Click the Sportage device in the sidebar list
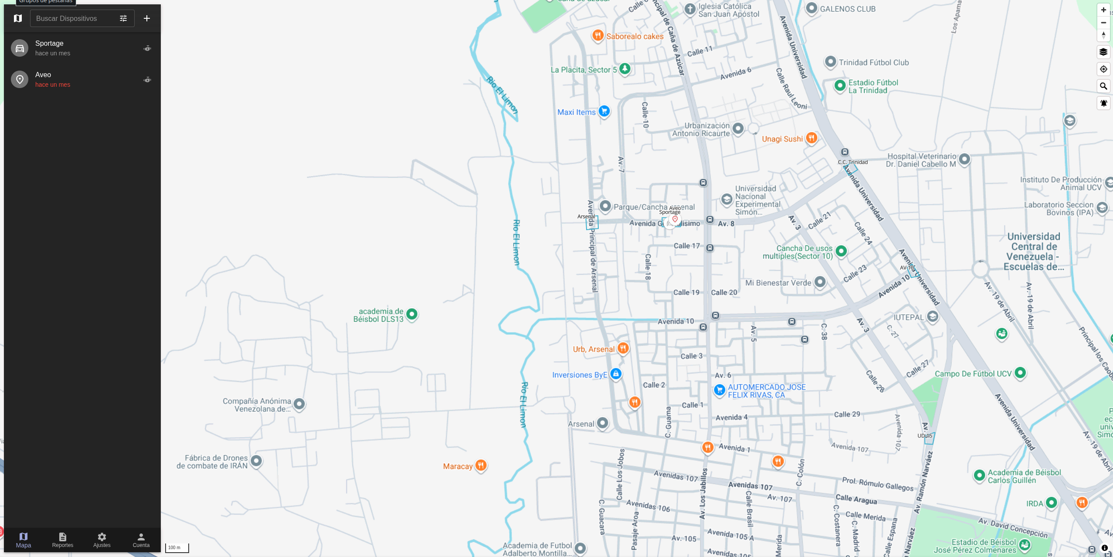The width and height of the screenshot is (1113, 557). tap(49, 44)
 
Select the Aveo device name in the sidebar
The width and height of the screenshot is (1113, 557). tap(43, 75)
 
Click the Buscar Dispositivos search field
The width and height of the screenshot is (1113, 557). tap(74, 18)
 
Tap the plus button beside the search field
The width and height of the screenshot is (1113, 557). tap(147, 18)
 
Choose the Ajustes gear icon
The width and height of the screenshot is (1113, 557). tap(102, 537)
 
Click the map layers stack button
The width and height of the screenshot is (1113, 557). tap(1103, 52)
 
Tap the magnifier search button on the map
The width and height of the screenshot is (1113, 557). tap(1103, 86)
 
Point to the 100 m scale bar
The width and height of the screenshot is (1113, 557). tap(177, 548)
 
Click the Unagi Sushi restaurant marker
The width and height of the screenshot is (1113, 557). tap(811, 138)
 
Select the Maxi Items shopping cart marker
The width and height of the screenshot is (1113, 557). tap(604, 111)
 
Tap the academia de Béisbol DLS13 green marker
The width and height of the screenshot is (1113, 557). tap(411, 314)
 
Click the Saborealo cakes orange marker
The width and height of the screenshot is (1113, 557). tap(597, 35)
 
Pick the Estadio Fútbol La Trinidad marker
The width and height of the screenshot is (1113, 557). tap(840, 85)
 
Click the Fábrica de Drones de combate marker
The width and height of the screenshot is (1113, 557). tap(256, 461)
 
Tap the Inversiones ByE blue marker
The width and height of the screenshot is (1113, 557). tap(615, 374)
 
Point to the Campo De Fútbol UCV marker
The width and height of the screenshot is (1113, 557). tap(1020, 373)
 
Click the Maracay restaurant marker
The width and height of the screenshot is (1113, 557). tap(481, 465)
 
